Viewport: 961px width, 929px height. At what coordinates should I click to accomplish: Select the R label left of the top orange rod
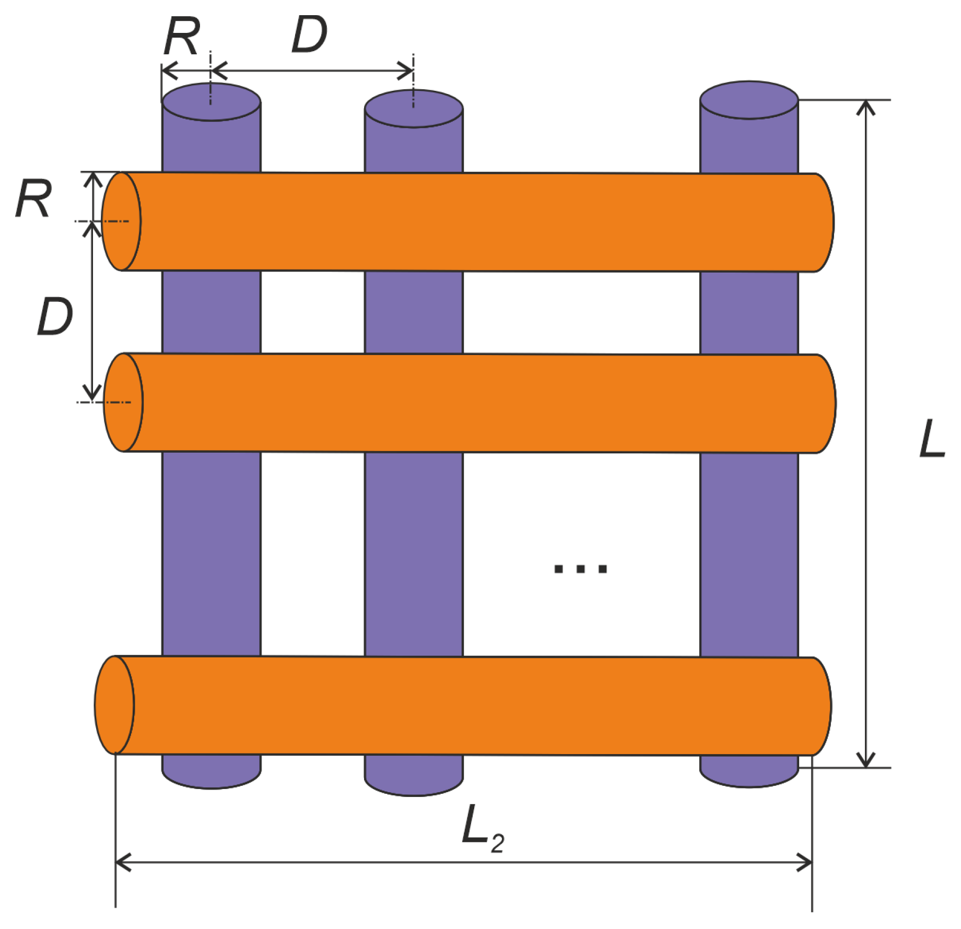(x=33, y=198)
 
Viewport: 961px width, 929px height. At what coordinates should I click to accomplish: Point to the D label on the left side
(x=55, y=316)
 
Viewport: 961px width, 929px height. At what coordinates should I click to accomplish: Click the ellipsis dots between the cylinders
(x=580, y=569)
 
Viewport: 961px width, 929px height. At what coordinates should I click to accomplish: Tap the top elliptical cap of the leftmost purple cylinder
(x=211, y=102)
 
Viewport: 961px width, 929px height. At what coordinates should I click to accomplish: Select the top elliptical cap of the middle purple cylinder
(x=413, y=109)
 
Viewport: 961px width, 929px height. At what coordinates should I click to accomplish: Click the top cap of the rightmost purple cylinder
(x=748, y=100)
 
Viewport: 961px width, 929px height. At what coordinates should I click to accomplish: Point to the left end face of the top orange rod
(x=121, y=221)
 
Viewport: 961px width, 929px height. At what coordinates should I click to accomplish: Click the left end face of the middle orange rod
(x=123, y=402)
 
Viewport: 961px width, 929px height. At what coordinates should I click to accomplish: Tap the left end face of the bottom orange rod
(x=114, y=705)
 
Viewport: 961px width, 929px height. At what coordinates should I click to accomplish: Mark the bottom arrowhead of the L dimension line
(x=866, y=760)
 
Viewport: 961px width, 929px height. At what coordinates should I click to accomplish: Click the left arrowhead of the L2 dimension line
(x=122, y=863)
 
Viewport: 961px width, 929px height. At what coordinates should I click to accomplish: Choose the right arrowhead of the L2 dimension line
(x=805, y=863)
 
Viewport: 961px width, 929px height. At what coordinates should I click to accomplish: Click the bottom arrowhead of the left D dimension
(x=92, y=394)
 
